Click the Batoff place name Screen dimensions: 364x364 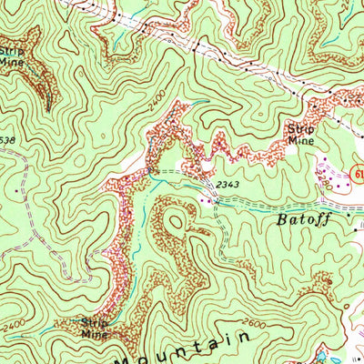[x=301, y=219]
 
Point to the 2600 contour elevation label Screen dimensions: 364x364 [x=253, y=321]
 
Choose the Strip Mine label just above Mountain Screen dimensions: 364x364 [x=93, y=328]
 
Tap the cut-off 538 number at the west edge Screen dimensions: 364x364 [x=7, y=140]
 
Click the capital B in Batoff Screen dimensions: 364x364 [x=277, y=220]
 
